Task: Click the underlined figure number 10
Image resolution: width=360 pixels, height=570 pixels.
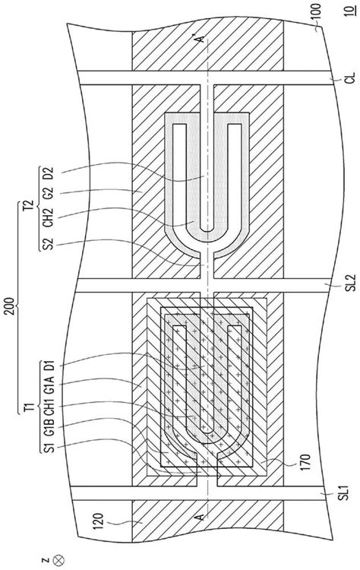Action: [349, 8]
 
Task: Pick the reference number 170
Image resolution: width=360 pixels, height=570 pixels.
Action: [305, 461]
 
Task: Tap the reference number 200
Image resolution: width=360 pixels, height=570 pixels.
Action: [11, 306]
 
